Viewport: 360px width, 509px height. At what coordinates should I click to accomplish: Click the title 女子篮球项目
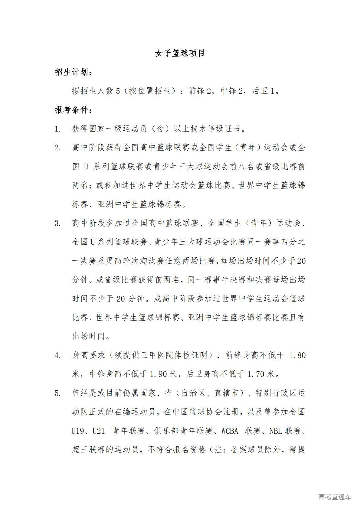(180, 54)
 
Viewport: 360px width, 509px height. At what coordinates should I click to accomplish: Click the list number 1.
(57, 129)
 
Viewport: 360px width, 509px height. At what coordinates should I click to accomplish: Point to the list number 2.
(57, 148)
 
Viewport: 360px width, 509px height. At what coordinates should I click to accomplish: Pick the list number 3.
(57, 224)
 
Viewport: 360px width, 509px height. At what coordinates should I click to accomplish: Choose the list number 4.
(57, 356)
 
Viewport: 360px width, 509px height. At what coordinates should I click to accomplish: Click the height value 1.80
(297, 356)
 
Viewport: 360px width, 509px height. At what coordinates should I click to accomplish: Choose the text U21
(99, 431)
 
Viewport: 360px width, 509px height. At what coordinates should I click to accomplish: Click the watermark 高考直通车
(335, 497)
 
